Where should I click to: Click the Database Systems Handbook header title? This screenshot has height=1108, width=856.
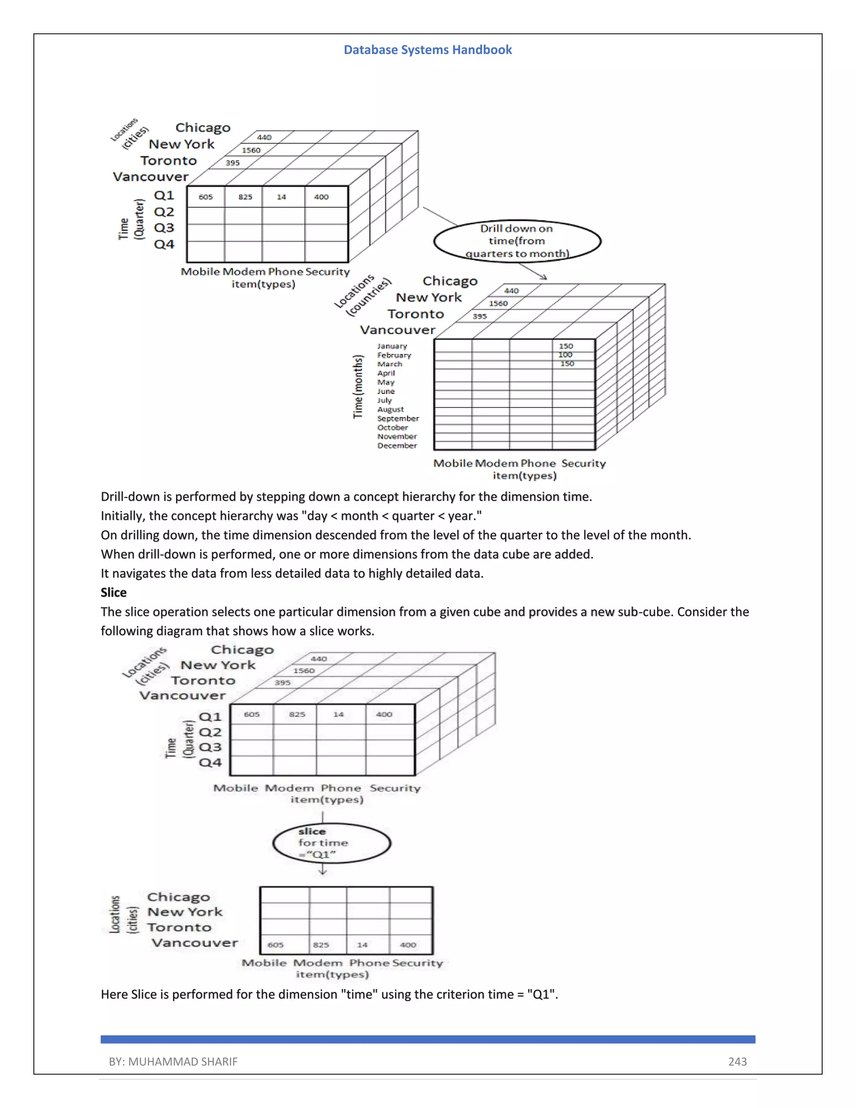click(x=428, y=50)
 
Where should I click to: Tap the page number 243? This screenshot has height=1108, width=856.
click(x=737, y=1061)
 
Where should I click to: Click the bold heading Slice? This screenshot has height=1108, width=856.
click(x=114, y=592)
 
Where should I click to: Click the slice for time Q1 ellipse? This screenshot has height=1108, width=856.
click(x=331, y=843)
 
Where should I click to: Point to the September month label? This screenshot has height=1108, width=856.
click(x=397, y=419)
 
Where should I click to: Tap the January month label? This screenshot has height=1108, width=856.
click(x=392, y=346)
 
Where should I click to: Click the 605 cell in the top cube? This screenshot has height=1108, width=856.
click(x=205, y=197)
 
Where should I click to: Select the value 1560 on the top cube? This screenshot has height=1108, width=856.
click(x=251, y=150)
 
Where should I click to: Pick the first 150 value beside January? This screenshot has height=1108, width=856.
click(x=566, y=346)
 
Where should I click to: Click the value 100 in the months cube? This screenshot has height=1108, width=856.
click(x=565, y=355)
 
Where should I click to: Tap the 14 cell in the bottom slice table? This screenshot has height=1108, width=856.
click(x=362, y=945)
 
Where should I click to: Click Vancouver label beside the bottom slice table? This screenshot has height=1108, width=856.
click(x=195, y=942)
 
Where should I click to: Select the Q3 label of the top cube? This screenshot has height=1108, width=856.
click(x=164, y=228)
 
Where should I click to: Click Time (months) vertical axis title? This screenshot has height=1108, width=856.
click(x=358, y=387)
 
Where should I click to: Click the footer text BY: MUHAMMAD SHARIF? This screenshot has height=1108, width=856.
click(x=173, y=1061)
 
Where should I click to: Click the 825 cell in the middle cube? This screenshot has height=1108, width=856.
click(x=297, y=714)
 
